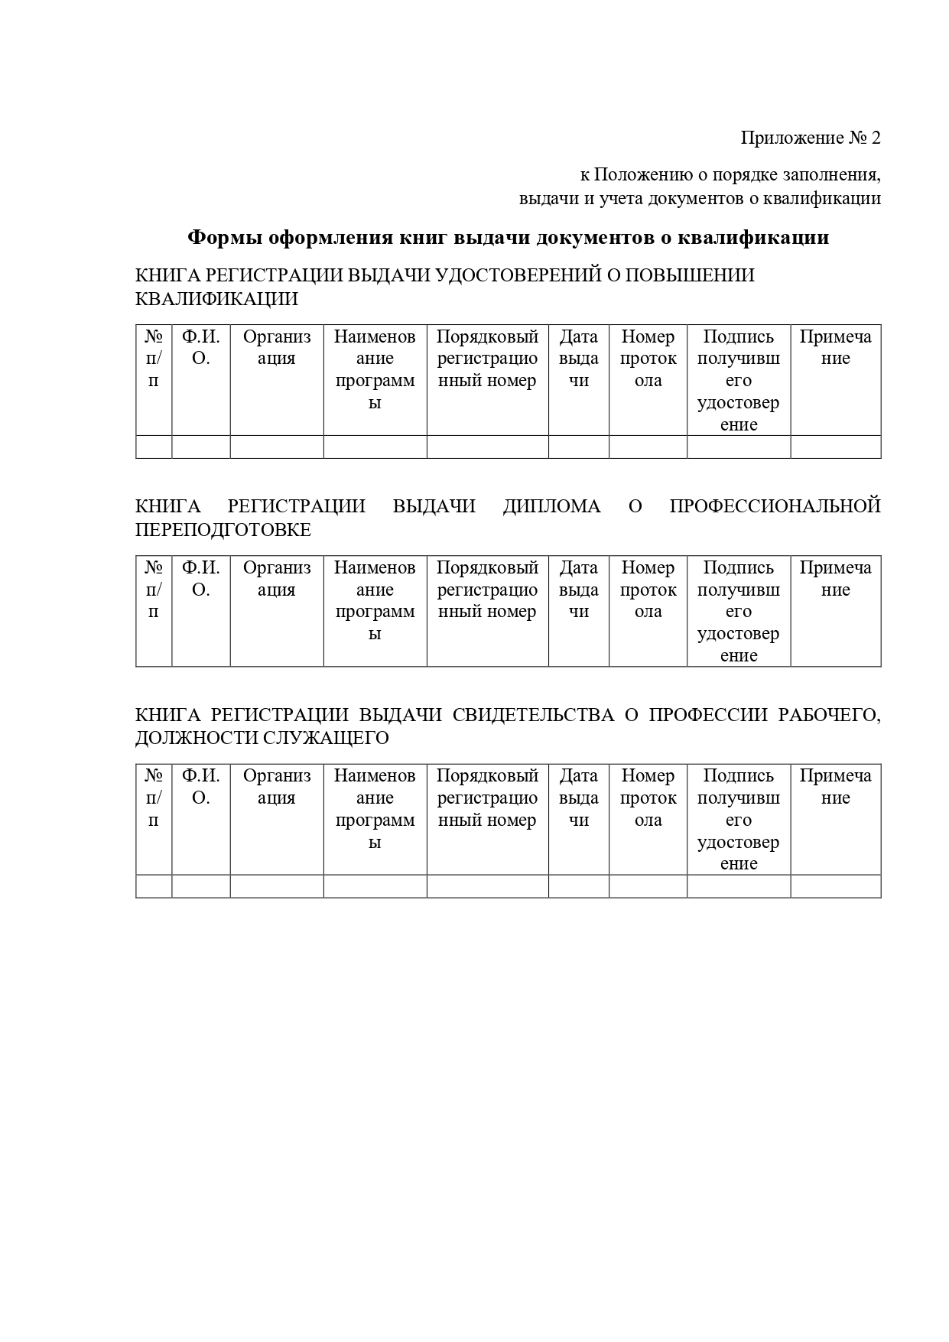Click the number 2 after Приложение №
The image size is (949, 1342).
876,138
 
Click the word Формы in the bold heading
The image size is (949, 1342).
225,238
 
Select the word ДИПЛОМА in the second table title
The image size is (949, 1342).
551,506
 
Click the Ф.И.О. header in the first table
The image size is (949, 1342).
200,348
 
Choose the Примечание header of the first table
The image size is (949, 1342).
835,348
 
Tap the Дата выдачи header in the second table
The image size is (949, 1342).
578,590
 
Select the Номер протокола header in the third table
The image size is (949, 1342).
648,798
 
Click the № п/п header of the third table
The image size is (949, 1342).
154,798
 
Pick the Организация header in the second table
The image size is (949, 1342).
277,579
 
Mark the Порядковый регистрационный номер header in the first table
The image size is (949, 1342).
487,359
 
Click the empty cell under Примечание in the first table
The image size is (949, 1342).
835,447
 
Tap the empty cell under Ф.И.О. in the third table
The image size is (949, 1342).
200,886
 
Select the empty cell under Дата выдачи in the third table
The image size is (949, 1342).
578,886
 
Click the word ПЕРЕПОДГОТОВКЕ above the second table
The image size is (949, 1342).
223,530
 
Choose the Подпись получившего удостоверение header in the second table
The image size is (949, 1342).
738,611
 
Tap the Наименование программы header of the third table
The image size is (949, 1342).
375,809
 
